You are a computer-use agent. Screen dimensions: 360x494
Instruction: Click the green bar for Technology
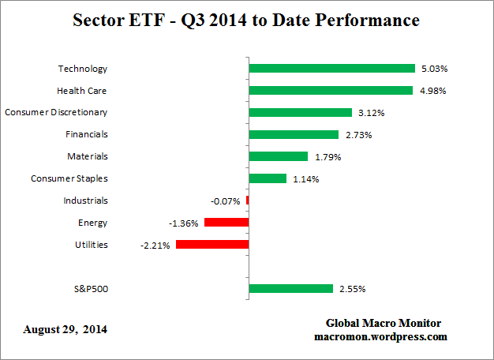tap(331, 69)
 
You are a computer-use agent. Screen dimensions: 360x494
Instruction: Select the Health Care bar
tap(331, 91)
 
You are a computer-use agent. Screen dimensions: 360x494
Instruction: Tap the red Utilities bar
tap(212, 245)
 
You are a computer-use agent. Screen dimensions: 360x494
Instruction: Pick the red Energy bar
tap(226, 223)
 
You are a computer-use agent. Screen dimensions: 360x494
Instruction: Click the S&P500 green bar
tap(290, 289)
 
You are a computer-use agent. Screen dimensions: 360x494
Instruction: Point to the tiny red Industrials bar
tap(247, 201)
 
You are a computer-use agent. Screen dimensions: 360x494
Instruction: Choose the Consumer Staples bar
tap(268, 178)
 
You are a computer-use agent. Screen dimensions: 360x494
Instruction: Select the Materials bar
tap(278, 156)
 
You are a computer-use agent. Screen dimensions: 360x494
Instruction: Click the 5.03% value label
tap(434, 69)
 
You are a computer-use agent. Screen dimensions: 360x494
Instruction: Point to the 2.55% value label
tap(352, 289)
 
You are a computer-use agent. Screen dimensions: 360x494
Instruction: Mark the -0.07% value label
tap(226, 201)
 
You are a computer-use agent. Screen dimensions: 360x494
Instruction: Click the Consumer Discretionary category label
tap(56, 112)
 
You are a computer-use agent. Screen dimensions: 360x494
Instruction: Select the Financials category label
tap(86, 134)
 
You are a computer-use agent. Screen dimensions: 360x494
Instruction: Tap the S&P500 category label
tap(91, 289)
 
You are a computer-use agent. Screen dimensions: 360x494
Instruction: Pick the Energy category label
tap(92, 223)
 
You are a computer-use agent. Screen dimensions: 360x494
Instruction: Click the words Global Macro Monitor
tap(383, 324)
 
